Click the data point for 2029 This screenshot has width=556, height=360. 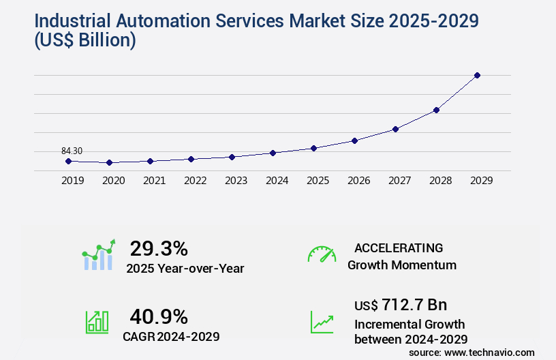(477, 75)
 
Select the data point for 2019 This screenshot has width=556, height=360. (68, 161)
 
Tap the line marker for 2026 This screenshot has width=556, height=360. (354, 140)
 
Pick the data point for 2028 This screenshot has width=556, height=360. (436, 110)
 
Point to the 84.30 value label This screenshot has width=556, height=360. (72, 151)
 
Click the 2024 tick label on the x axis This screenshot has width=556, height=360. (277, 181)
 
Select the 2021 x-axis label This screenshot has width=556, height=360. (154, 181)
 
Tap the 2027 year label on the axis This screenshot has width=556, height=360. (399, 181)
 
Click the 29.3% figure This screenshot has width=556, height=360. (159, 248)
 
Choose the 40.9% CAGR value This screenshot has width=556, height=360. (159, 316)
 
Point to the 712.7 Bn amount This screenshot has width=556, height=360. (414, 304)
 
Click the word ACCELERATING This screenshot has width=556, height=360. (399, 248)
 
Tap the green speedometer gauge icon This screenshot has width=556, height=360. (322, 254)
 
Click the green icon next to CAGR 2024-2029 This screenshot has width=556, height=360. (97, 322)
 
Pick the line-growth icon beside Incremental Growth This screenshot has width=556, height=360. (322, 322)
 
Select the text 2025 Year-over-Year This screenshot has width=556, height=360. (185, 269)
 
